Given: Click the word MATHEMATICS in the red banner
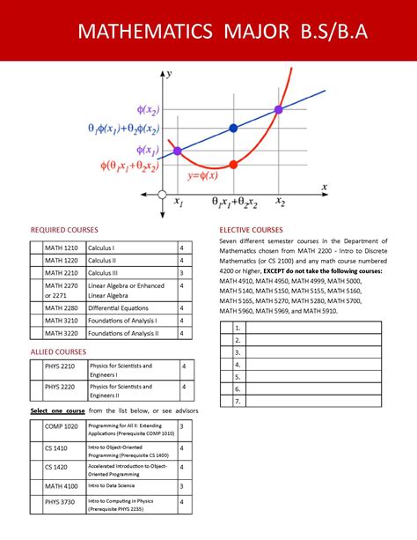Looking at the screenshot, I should pos(145,33).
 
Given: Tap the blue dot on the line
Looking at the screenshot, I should pos(233,129).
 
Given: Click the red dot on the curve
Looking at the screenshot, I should pos(233,164).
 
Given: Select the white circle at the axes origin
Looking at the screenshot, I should pos(162,194).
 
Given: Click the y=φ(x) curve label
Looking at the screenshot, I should pos(204,174).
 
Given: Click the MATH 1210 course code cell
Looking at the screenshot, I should pos(62,248).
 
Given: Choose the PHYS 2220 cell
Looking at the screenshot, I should pos(60,386).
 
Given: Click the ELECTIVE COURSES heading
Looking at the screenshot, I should pos(257,230).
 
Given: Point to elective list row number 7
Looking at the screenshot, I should pos(238,401).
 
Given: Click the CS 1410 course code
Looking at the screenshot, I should pos(57,448).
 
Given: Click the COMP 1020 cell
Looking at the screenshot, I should pos(61,426).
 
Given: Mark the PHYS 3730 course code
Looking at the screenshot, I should pos(61,502).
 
